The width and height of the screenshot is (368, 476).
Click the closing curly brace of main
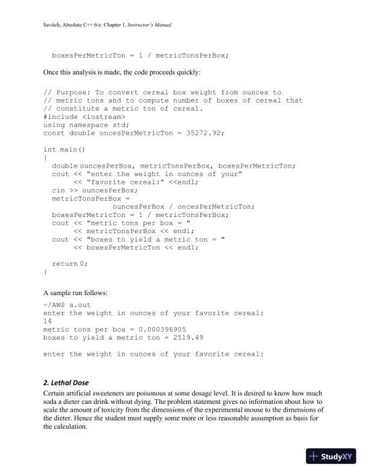pyautogui.click(x=46, y=271)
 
